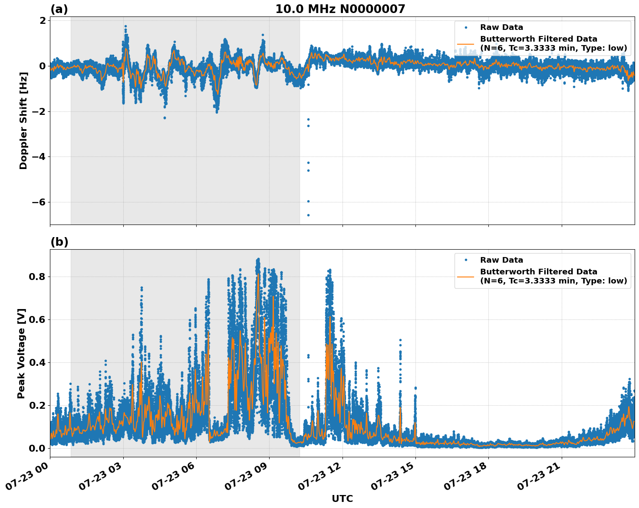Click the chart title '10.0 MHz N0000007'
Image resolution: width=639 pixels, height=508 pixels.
pyautogui.click(x=340, y=9)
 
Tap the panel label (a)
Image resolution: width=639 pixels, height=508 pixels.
pyautogui.click(x=59, y=9)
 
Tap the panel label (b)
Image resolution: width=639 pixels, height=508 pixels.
pyautogui.click(x=59, y=242)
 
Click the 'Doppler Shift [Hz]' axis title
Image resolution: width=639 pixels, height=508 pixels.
pyautogui.click(x=23, y=120)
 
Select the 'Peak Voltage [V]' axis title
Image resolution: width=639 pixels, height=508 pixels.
pyautogui.click(x=22, y=353)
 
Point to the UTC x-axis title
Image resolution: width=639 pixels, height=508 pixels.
pyautogui.click(x=342, y=498)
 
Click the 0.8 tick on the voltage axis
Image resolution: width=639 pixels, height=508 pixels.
pyautogui.click(x=39, y=277)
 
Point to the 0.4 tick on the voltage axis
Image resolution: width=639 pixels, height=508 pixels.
pyautogui.click(x=39, y=362)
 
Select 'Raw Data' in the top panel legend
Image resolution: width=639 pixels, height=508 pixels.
pyautogui.click(x=501, y=27)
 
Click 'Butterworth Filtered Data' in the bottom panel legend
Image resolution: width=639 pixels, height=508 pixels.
pyautogui.click(x=538, y=272)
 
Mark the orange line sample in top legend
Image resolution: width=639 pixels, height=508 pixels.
pyautogui.click(x=466, y=44)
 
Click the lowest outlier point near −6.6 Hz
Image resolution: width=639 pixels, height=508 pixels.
pyautogui.click(x=308, y=215)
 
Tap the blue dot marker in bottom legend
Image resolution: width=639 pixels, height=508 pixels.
pyautogui.click(x=466, y=260)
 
